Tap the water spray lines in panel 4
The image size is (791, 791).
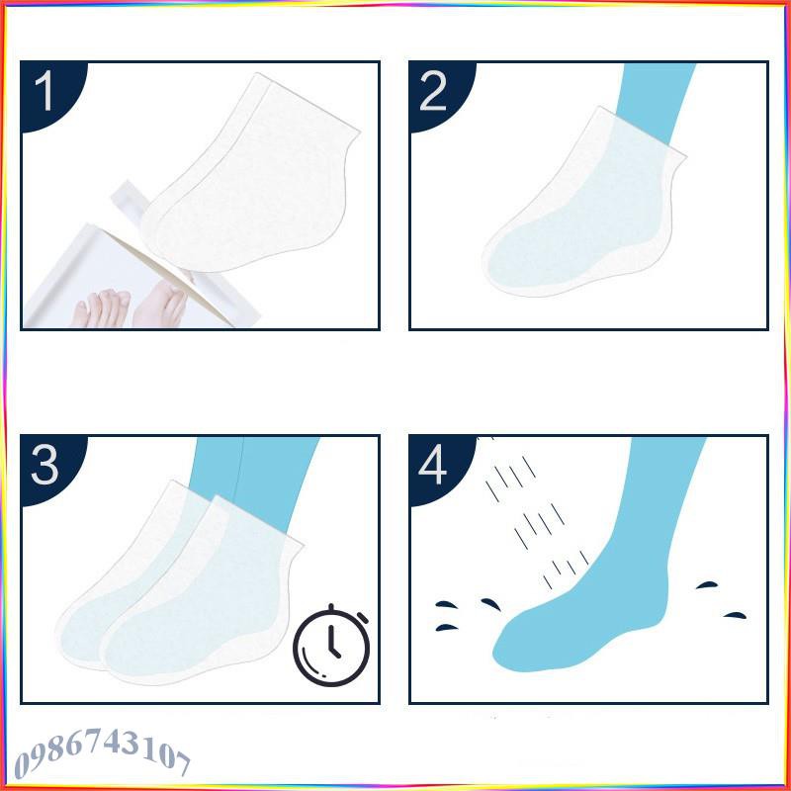[524, 514]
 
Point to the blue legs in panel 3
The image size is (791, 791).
[257, 475]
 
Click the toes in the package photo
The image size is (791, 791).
[99, 307]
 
